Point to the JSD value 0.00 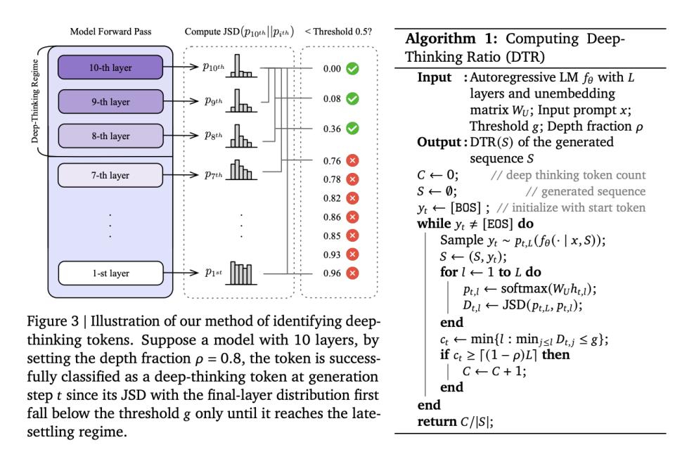coord(332,69)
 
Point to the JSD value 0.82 coord(332,198)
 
